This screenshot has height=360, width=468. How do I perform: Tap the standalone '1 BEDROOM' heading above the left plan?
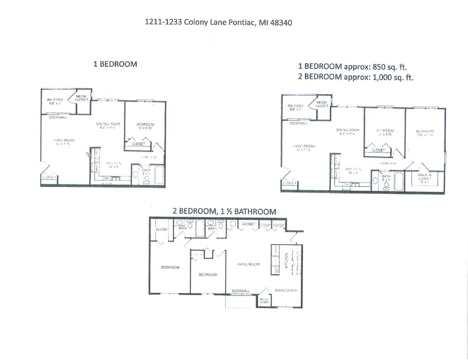tap(115, 64)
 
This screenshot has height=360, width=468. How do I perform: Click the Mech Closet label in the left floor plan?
tap(82, 98)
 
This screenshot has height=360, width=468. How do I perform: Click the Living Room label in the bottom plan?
tap(247, 264)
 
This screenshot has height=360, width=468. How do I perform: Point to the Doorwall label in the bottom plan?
tap(241, 291)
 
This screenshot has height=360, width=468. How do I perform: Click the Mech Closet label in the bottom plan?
tap(264, 300)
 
